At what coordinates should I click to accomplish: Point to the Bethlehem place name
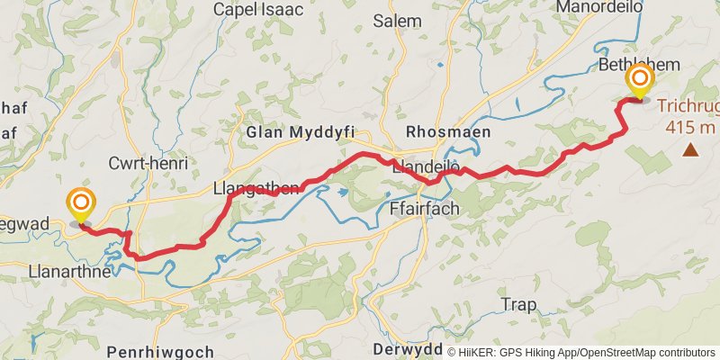[638, 64]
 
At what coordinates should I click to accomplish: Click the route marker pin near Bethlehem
[640, 80]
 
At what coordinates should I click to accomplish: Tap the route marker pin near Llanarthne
[81, 204]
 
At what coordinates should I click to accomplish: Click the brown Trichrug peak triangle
[690, 149]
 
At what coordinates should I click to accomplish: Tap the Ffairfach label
[424, 208]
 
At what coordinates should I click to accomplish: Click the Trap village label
[518, 304]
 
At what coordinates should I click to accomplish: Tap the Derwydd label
[406, 349]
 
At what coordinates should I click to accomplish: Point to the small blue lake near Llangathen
[342, 191]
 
